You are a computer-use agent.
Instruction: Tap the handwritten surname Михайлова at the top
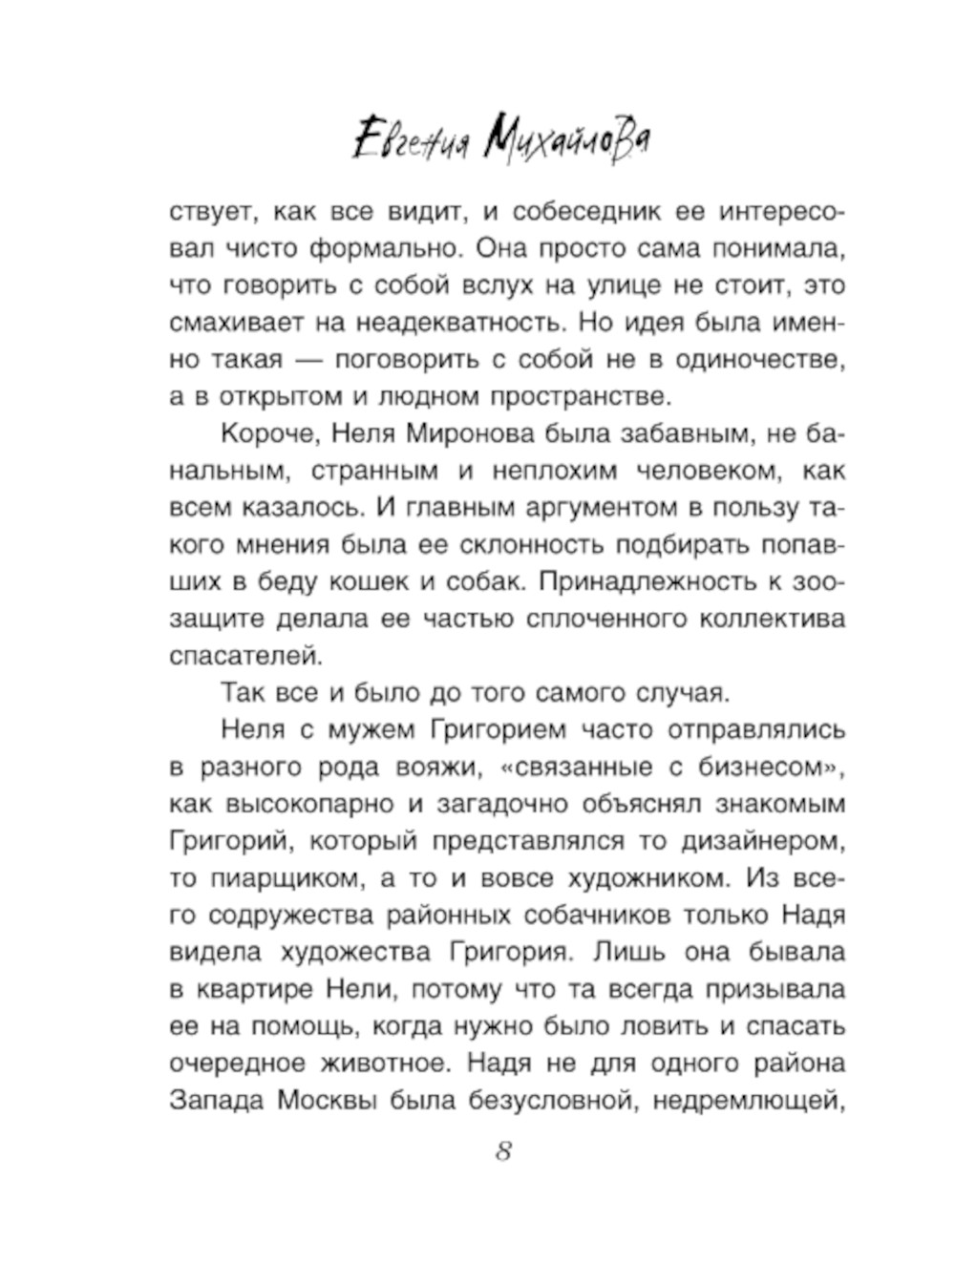coord(567,142)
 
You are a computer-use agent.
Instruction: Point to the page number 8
coord(504,1151)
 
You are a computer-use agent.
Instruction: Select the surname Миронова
coord(467,434)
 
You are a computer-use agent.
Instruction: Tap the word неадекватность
coord(467,323)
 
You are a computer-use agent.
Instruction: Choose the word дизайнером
coord(762,841)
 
